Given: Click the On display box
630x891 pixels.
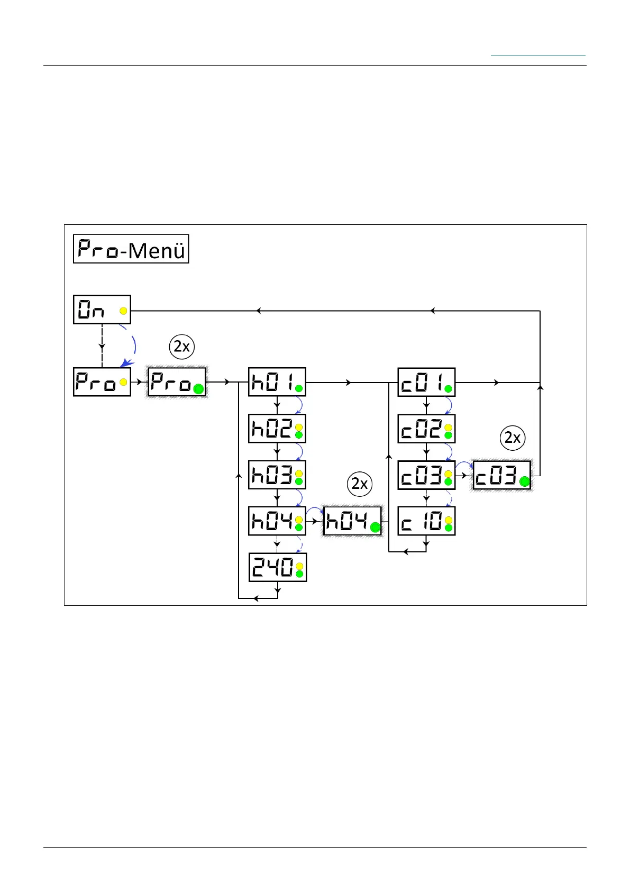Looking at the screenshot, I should tap(102, 310).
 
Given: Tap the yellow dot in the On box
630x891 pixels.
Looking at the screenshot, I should tap(123, 311).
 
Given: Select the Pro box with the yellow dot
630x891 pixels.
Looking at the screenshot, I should tap(102, 382).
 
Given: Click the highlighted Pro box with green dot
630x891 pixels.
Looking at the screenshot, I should tap(177, 382).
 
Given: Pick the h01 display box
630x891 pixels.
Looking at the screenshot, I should tap(277, 382).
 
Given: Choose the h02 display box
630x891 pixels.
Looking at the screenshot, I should tap(277, 429).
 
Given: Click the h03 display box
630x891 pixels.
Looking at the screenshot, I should tap(277, 475).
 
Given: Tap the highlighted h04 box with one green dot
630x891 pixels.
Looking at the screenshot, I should tap(352, 521).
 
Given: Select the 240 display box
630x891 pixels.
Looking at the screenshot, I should tap(277, 567).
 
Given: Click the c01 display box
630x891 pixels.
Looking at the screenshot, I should tap(426, 382).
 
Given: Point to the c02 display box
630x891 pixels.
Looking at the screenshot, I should tap(426, 429).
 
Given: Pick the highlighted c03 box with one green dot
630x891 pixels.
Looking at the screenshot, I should tap(501, 476).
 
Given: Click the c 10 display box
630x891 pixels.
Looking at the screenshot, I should tap(426, 521).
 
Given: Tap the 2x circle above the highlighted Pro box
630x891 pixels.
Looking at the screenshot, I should tap(182, 347).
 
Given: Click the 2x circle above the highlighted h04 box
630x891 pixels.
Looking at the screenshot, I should tap(360, 484).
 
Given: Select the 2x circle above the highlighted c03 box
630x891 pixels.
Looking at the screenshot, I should tap(513, 438).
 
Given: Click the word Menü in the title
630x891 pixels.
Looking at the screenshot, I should tap(157, 250).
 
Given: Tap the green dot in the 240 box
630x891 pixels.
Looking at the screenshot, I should tap(299, 574).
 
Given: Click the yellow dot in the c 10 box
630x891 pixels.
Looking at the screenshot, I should tap(449, 520).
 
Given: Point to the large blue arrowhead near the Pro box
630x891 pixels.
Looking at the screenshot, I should tap(124, 363).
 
